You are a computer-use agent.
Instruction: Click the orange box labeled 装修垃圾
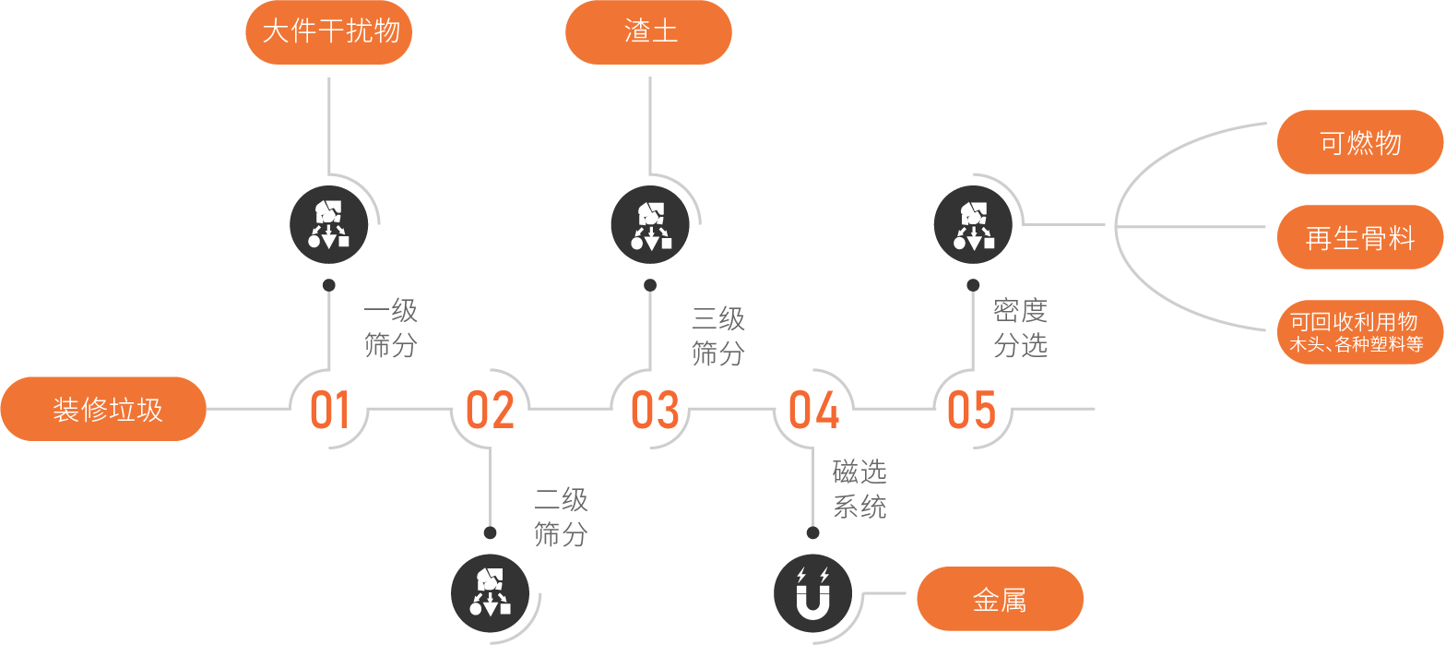pos(103,409)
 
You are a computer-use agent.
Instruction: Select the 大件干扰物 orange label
pos(328,32)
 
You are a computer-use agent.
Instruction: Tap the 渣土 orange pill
pos(648,32)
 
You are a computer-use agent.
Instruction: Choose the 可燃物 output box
pos(1360,142)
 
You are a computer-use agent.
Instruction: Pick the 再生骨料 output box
pos(1360,237)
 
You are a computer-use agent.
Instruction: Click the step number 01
pos(329,410)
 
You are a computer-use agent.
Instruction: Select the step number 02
pos(490,410)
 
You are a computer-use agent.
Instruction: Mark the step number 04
pos(814,410)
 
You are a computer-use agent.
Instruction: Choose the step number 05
pos(972,410)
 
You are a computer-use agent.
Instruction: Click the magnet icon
pos(812,592)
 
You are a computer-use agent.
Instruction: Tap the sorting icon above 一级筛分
pos(329,224)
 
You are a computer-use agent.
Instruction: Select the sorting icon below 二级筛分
pos(490,592)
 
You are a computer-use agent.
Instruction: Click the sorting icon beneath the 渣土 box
pos(650,224)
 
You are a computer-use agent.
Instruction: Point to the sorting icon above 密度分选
pos(973,224)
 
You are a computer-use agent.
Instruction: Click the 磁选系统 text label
pos(859,489)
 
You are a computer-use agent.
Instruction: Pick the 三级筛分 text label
pos(718,336)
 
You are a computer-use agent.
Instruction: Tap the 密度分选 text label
pos(1020,328)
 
